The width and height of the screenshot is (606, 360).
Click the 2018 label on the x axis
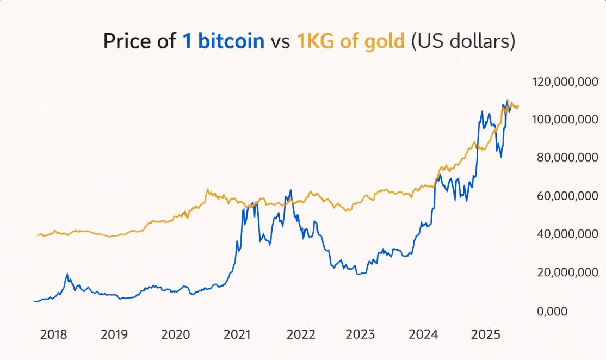click(54, 334)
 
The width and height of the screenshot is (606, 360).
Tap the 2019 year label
click(114, 334)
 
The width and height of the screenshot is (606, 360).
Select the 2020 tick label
click(176, 334)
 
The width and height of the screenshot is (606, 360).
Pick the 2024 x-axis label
click(424, 334)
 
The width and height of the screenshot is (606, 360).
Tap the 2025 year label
click(485, 334)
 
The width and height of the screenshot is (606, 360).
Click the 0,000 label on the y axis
click(552, 311)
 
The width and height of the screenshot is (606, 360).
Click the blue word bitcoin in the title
click(231, 41)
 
